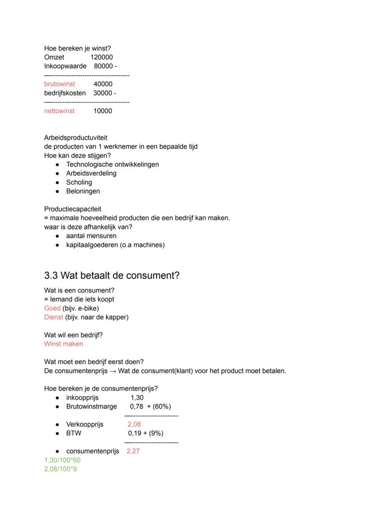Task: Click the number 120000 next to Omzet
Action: [101, 57]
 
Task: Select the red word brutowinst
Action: [60, 84]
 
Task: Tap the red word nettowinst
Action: [59, 111]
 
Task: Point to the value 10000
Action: [103, 111]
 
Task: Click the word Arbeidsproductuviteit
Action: [76, 138]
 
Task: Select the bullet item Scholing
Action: [79, 182]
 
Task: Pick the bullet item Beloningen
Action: [83, 191]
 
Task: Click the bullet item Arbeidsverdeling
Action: [91, 173]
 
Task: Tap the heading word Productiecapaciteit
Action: [72, 209]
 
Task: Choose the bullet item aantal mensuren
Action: [91, 236]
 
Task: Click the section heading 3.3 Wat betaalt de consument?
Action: [112, 276]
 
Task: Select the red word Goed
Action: [52, 308]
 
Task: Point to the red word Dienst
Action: [53, 317]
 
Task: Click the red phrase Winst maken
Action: [63, 344]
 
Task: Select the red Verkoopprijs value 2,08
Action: [134, 424]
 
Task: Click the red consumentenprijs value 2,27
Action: [133, 451]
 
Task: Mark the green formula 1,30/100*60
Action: [62, 460]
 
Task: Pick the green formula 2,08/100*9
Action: [60, 469]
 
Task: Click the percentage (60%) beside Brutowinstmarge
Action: [162, 406]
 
